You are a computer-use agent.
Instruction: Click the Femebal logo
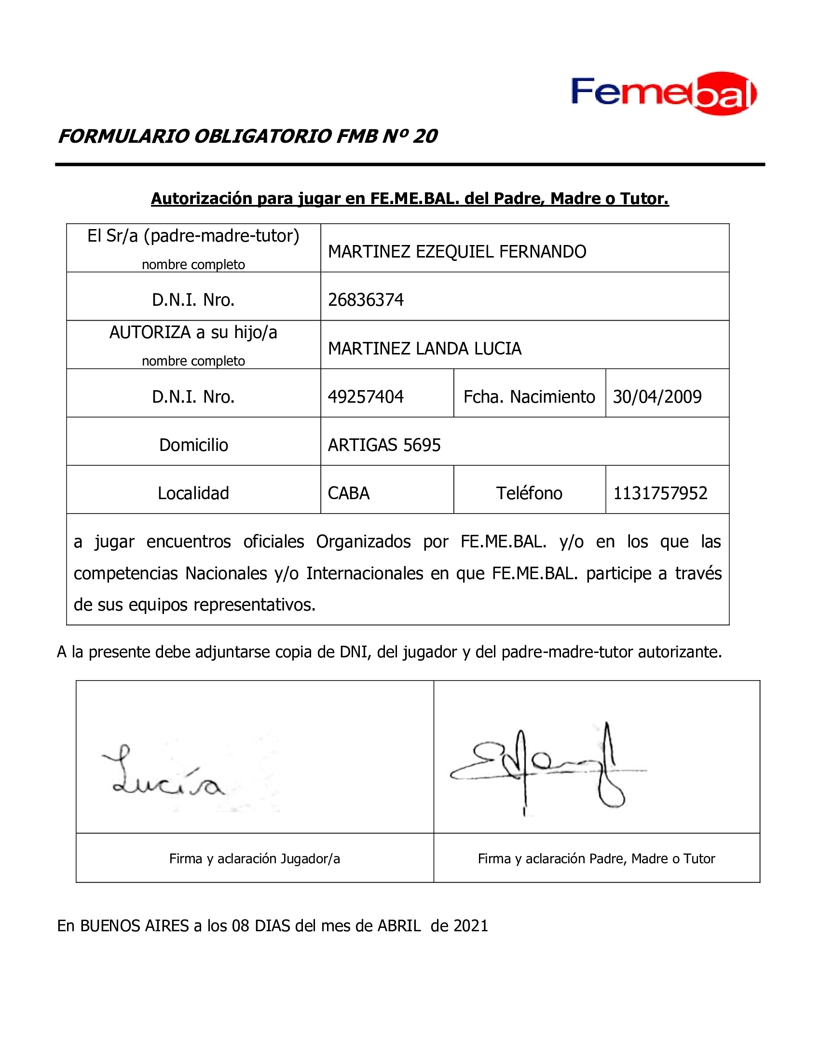[664, 94]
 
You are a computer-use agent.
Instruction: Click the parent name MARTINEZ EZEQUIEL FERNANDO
[457, 252]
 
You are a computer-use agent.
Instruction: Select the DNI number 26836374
[366, 300]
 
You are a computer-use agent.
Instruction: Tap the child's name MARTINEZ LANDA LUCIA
[424, 348]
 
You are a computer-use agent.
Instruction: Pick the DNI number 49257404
[366, 396]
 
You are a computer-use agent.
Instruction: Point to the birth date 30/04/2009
[657, 396]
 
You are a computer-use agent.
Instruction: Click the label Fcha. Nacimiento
[529, 396]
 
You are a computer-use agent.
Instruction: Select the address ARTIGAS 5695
[384, 445]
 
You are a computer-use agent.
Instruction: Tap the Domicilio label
[193, 445]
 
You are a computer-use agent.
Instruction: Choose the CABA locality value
[349, 493]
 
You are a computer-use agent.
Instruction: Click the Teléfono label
[529, 493]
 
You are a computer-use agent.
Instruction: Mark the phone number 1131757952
[660, 493]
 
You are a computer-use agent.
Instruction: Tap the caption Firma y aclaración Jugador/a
[255, 858]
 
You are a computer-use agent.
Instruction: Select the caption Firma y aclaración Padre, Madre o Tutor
[597, 858]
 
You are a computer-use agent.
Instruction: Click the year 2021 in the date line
[470, 925]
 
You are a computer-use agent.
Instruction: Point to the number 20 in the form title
[425, 136]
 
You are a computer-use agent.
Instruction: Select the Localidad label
[193, 493]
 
